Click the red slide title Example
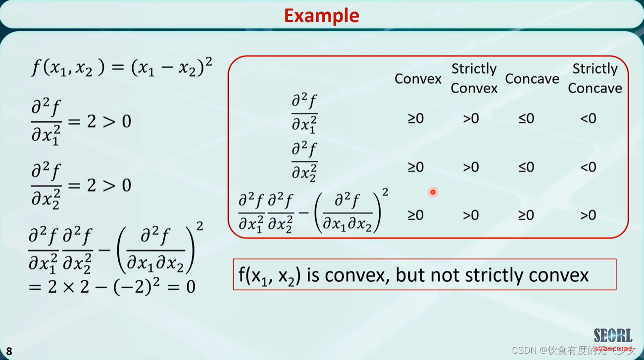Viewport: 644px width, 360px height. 321,15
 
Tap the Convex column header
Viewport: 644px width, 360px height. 418,79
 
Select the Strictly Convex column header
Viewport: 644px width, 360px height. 474,78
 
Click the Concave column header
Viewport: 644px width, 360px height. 532,79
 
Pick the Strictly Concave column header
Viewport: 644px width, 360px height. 594,78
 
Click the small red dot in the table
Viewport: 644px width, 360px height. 433,192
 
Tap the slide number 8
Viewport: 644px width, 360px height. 9,352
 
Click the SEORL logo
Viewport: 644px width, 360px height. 613,336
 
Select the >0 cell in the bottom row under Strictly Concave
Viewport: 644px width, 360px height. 588,215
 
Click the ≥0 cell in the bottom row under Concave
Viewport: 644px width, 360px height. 526,215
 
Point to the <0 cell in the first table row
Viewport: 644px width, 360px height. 588,119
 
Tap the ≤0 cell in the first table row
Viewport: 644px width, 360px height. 526,119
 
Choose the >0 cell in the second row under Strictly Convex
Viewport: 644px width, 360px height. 471,167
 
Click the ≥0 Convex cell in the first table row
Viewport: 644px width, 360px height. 416,119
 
